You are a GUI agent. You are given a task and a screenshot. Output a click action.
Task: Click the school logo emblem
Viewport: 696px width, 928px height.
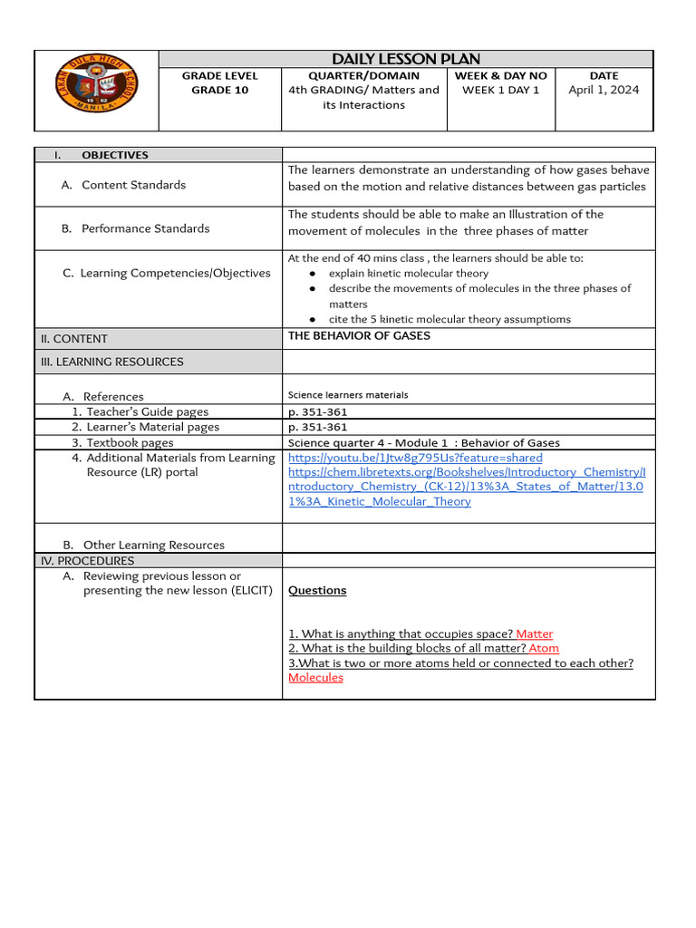tap(96, 91)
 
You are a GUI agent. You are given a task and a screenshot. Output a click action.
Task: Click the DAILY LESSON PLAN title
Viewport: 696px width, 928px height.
tap(406, 59)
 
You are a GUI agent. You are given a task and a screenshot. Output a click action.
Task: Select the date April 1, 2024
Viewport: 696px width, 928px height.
tap(604, 90)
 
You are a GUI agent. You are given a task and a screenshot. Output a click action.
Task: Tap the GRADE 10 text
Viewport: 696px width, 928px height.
tap(219, 91)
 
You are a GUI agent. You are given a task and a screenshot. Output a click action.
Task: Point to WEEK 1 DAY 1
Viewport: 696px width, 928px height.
tap(500, 90)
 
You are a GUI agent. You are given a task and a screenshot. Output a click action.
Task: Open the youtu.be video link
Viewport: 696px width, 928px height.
tap(415, 458)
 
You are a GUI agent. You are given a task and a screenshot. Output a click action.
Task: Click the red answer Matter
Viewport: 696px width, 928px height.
tap(534, 633)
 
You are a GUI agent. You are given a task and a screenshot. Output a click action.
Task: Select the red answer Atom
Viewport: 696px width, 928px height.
tap(544, 648)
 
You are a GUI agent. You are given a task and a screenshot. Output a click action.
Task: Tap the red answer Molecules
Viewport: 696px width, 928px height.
tap(315, 677)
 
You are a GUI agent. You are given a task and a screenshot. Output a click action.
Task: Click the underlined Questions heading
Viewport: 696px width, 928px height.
tap(317, 590)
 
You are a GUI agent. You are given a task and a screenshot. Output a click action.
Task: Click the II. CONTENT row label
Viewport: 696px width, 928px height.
tap(73, 339)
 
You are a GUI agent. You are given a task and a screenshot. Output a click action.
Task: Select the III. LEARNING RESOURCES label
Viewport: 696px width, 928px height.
tap(111, 362)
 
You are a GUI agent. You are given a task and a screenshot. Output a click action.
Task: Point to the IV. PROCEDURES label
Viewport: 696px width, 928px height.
tap(87, 561)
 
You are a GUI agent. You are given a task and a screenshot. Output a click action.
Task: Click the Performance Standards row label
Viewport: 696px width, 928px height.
tap(145, 228)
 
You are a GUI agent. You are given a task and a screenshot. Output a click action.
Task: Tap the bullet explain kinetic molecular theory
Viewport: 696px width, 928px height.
tap(408, 273)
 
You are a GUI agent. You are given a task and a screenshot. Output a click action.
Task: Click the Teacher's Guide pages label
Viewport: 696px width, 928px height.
tap(147, 411)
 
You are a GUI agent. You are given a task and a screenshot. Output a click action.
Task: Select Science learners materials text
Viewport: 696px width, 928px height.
tap(348, 395)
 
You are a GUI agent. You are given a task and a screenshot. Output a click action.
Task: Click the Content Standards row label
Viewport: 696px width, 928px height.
tap(133, 185)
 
